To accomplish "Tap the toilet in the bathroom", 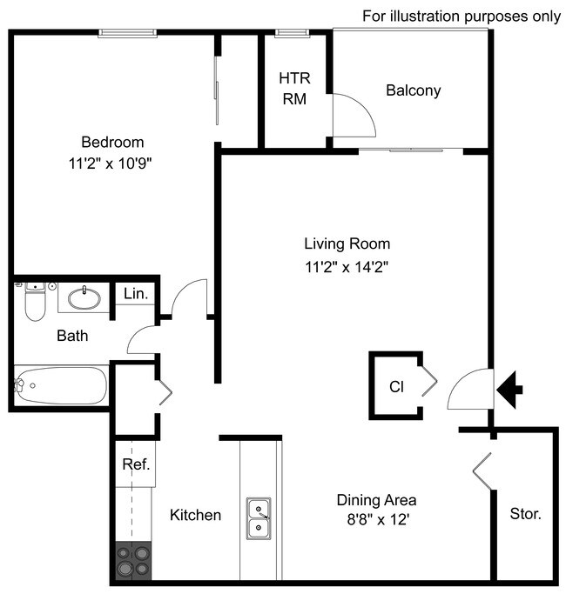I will coord(35,303).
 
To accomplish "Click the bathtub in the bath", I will coord(61,384).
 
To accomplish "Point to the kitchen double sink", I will coord(259,518).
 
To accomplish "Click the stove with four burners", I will coord(133,561).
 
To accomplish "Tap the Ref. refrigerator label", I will coord(136,464).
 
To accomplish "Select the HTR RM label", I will coord(294,88).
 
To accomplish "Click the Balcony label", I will coord(413,90).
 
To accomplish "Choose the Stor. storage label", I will coord(525,514).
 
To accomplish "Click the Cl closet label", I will coord(396,385).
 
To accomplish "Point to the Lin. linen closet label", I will coord(135,295).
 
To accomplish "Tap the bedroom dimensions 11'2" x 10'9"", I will coord(112,163).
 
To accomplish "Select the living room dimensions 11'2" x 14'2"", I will coord(347,267).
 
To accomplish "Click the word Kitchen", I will coord(195,515).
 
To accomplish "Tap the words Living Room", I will coord(347,244).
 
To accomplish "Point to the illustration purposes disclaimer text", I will coord(462,17).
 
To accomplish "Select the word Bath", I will coord(72,335).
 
